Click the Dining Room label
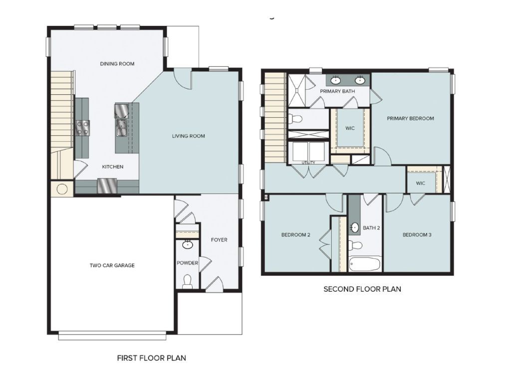[117, 64]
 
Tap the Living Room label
[189, 136]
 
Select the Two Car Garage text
[112, 265]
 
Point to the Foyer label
[219, 240]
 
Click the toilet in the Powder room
[188, 281]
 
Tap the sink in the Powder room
[188, 245]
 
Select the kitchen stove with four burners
[82, 128]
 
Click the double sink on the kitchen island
[121, 128]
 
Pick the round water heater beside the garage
[62, 190]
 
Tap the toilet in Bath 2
[356, 245]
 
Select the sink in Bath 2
[354, 227]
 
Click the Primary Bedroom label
[411, 119]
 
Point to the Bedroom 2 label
[296, 234]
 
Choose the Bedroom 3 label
[417, 234]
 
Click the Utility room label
[308, 163]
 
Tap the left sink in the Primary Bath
[336, 80]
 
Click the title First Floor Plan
[152, 358]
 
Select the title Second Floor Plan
[362, 289]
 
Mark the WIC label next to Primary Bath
[350, 128]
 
